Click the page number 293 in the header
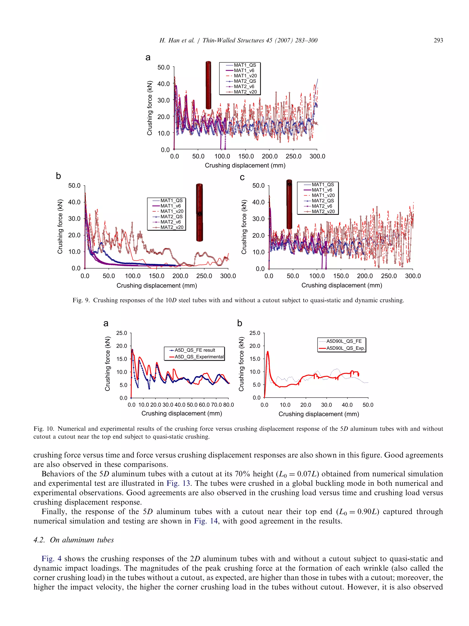(438, 41)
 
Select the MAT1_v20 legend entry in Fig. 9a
(245, 76)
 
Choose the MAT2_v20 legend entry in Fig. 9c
(323, 211)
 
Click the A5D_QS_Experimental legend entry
(199, 357)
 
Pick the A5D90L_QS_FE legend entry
(344, 341)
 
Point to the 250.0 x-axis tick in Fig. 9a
(293, 157)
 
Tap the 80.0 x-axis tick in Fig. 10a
(228, 405)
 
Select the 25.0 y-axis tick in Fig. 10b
(255, 333)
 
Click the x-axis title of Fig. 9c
(341, 285)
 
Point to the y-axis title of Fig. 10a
(107, 364)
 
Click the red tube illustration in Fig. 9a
(208, 85)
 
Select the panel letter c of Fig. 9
(242, 177)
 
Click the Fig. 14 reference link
(205, 521)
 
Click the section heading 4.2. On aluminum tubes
(74, 540)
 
